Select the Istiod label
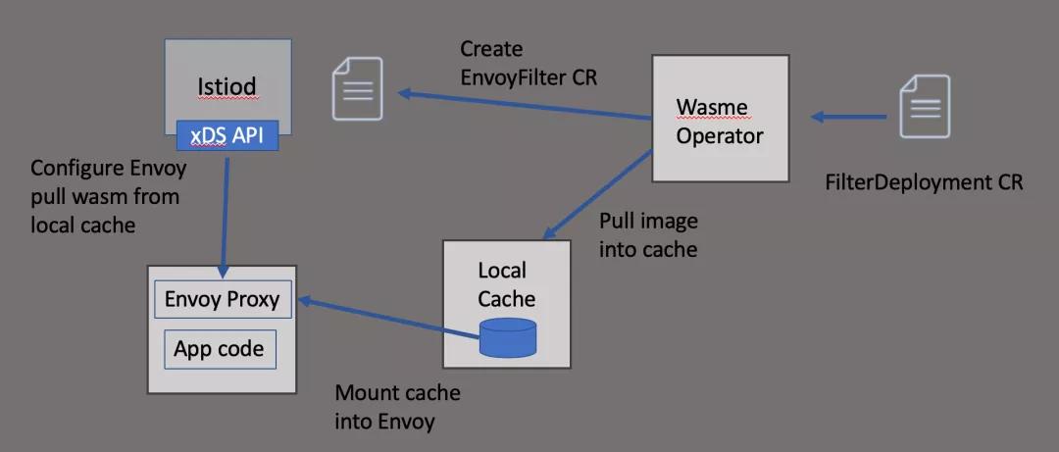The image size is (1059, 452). [x=227, y=86]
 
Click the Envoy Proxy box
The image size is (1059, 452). [x=223, y=300]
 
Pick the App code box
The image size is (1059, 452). [x=219, y=350]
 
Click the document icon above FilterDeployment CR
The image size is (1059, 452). [x=925, y=106]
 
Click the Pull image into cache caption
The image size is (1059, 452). [x=648, y=235]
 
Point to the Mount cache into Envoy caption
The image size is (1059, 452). [x=397, y=408]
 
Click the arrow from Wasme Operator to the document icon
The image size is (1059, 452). [x=525, y=105]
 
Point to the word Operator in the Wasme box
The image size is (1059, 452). [x=719, y=135]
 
